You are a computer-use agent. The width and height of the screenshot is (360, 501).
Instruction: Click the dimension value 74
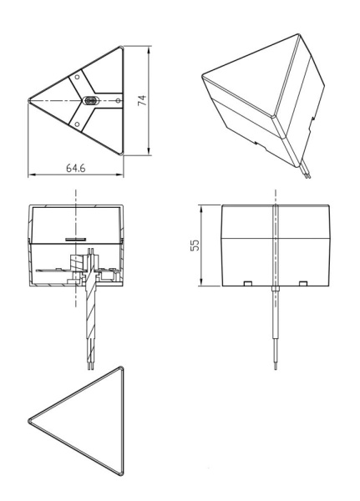click(142, 100)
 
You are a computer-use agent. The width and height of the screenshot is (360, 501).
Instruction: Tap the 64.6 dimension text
click(76, 168)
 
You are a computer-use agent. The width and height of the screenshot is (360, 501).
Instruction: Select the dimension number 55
click(195, 245)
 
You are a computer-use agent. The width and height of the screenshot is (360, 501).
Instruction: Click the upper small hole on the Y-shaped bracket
click(77, 77)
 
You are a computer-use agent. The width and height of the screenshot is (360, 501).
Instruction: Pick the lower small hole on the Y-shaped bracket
click(77, 124)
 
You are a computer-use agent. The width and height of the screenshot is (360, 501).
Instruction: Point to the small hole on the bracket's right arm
click(118, 101)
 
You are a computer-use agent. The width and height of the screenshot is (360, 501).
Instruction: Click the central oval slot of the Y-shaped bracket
click(91, 101)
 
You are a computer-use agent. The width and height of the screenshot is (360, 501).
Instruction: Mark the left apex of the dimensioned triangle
click(28, 101)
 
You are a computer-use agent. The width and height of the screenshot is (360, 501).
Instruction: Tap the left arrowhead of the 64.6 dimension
click(32, 175)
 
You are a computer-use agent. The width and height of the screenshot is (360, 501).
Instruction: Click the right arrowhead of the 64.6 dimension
click(120, 175)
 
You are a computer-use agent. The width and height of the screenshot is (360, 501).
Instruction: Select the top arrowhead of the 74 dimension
click(149, 50)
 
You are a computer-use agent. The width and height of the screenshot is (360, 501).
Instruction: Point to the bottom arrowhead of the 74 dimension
click(149, 152)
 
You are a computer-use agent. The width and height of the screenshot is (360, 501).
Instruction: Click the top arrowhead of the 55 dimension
click(201, 209)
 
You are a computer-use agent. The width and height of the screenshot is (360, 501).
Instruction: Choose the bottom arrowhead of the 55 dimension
click(201, 282)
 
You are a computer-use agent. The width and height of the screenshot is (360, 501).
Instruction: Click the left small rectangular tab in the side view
click(248, 283)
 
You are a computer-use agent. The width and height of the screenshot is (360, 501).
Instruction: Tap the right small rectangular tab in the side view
click(303, 283)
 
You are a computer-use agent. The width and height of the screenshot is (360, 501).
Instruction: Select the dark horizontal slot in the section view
click(75, 239)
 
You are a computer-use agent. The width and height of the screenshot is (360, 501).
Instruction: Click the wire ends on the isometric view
click(307, 175)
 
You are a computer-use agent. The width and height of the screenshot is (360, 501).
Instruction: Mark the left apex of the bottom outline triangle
click(29, 421)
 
